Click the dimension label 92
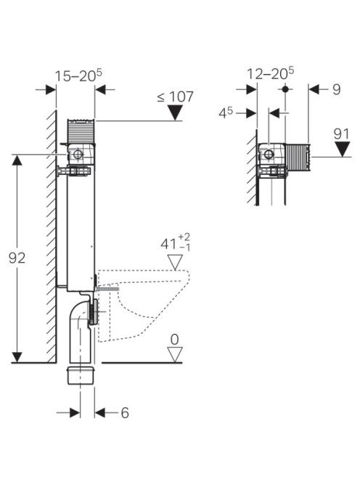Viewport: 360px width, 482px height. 17,258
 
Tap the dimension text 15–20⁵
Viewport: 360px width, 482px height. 78,75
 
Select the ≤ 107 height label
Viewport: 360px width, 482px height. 175,97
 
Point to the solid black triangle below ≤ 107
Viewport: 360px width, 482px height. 175,113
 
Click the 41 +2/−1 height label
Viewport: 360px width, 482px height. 176,243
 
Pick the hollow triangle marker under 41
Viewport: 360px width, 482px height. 175,262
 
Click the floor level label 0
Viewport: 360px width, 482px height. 175,340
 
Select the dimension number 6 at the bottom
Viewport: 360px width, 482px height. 125,413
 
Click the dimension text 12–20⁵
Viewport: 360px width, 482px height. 271,74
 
